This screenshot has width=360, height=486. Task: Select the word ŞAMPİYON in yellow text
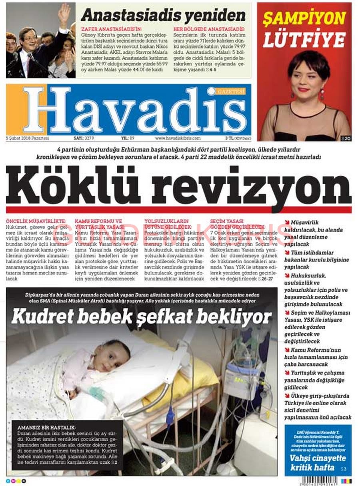pos(304,18)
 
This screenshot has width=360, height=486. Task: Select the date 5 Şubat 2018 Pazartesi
pos(27,138)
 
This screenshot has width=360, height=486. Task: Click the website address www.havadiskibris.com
pos(178,138)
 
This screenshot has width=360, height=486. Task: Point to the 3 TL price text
pos(229,138)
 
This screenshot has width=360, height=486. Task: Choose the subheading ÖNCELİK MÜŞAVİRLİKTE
pos(36,221)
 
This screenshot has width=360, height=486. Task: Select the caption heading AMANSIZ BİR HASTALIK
pos(46,427)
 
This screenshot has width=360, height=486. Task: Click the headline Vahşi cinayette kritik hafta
pos(312,462)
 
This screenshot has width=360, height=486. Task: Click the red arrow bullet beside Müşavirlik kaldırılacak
pos(287,222)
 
